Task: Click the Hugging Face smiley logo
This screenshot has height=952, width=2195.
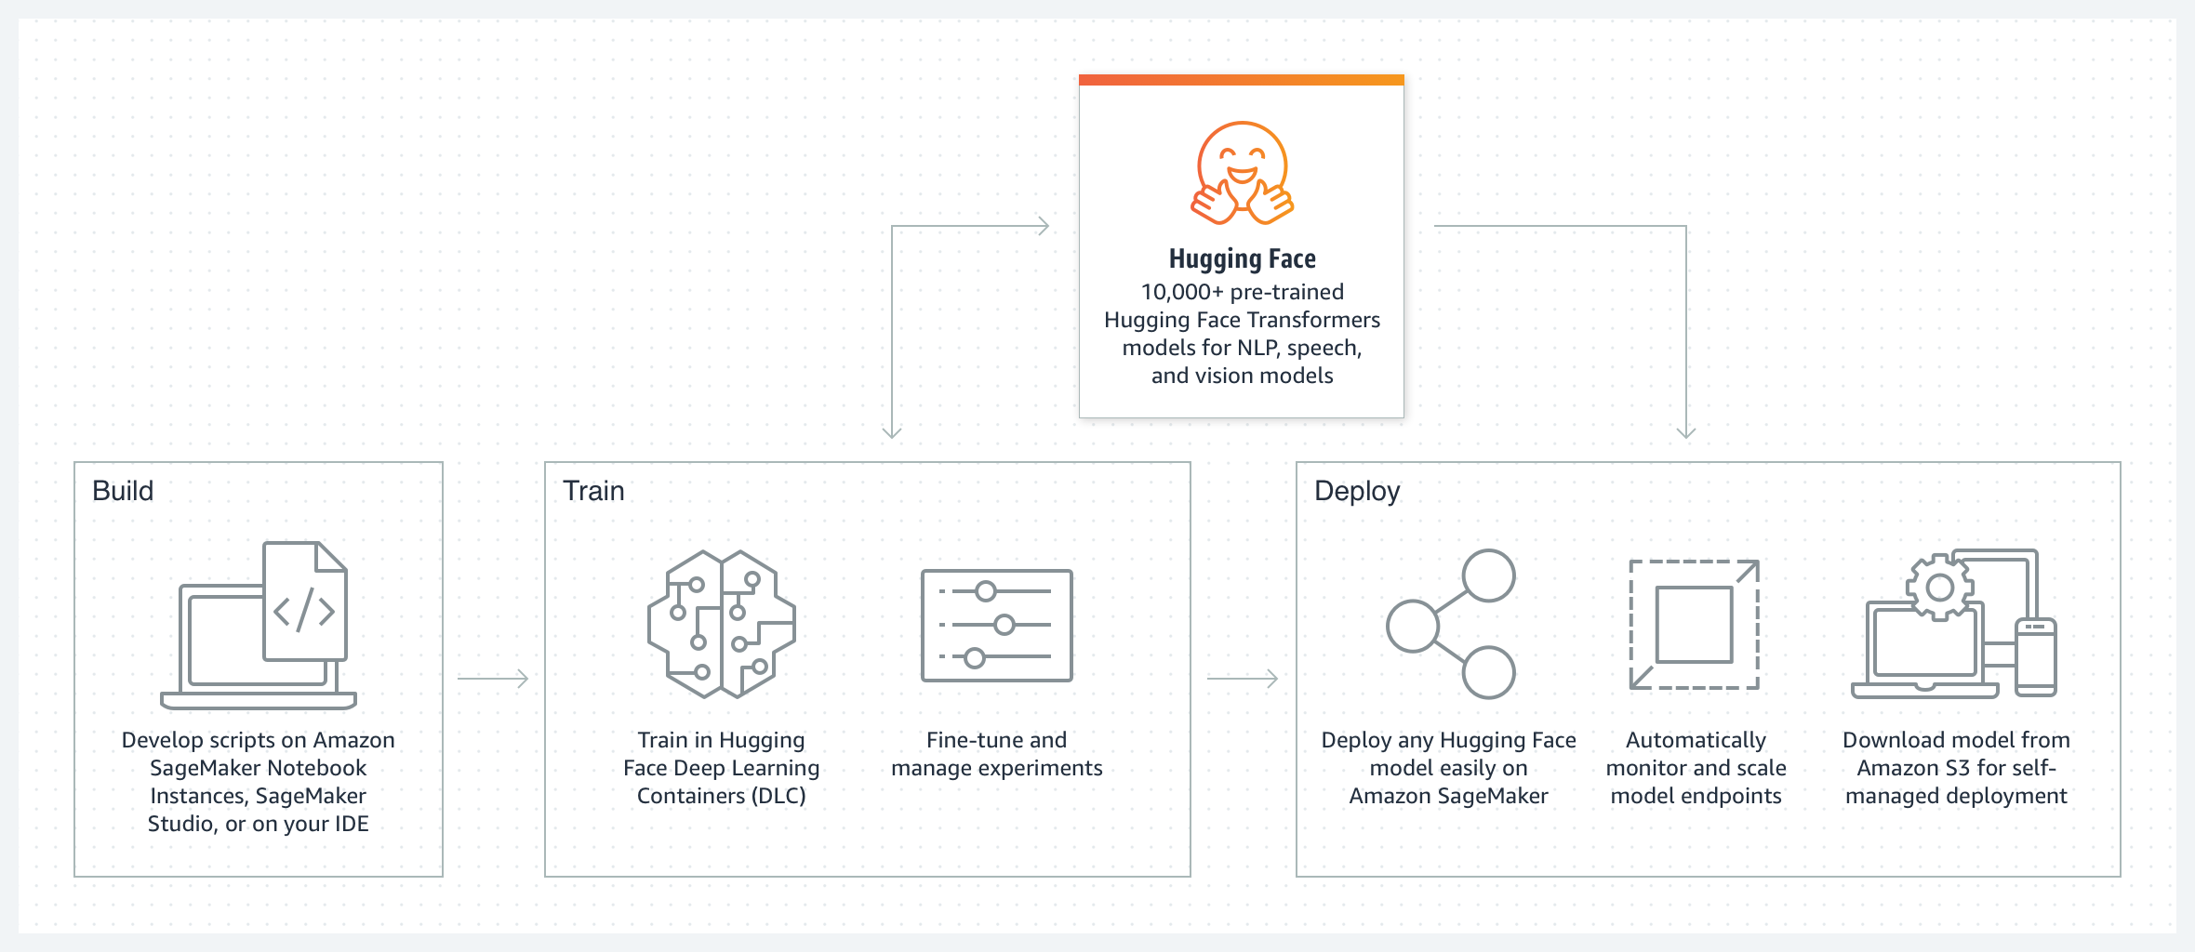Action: [x=1242, y=173]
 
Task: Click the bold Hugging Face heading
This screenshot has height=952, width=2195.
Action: [x=1242, y=258]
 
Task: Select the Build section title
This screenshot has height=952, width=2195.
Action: [x=123, y=491]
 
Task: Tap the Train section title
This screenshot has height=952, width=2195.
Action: [x=593, y=491]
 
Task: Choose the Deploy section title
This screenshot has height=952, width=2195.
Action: [x=1356, y=491]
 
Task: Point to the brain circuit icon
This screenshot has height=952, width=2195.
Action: [x=722, y=624]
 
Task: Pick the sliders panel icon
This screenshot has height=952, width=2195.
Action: [x=996, y=625]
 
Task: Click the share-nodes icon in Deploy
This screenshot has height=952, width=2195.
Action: [x=1451, y=624]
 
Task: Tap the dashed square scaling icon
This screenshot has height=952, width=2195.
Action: [x=1695, y=624]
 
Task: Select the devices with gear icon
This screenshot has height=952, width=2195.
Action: [x=1954, y=624]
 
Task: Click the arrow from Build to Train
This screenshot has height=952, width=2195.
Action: [x=493, y=679]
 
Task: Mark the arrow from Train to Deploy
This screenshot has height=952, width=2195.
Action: [x=1243, y=679]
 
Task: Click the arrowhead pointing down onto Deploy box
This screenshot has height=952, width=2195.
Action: [x=1685, y=431]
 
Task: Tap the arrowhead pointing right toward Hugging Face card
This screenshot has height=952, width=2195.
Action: [x=1044, y=226]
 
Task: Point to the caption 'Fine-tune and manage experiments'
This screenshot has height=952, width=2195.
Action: [x=996, y=754]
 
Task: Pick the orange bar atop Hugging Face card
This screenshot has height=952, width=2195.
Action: [x=1242, y=80]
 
